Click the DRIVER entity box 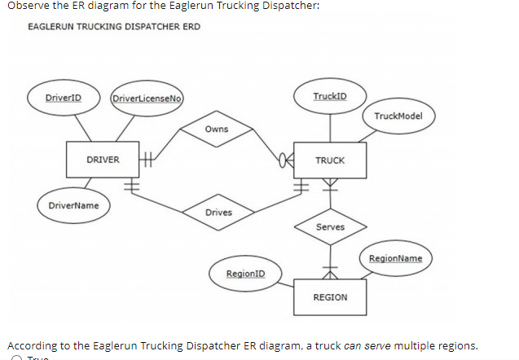pos(103,160)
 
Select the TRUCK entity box pos(330,160)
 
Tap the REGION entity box pos(330,297)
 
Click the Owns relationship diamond pos(217,130)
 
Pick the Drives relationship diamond pos(218,213)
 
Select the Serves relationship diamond pos(330,227)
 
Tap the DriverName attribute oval pos(73,205)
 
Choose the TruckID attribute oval pos(330,96)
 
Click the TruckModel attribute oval pos(398,116)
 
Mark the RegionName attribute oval pos(396,258)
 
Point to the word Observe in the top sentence pos(22,6)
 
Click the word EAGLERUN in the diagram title pos(51,27)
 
